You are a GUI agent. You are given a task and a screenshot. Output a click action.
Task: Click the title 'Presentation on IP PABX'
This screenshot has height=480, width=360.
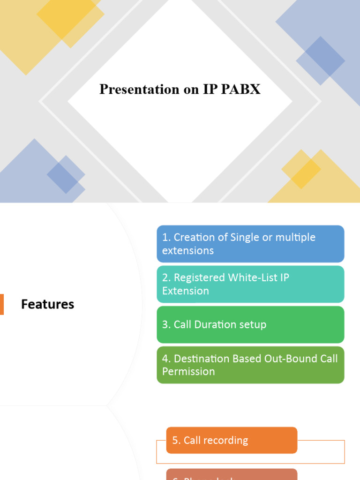point(180,89)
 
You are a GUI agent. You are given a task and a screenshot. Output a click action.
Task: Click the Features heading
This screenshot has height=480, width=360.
point(47,304)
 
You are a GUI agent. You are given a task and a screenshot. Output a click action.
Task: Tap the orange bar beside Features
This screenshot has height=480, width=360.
point(2,304)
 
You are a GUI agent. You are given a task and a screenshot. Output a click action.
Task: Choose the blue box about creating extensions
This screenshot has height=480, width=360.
point(250,244)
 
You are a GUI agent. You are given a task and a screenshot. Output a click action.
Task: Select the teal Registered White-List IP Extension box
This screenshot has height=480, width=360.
point(250,284)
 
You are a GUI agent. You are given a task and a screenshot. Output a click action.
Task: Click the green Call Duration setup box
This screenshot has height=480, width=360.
point(250,324)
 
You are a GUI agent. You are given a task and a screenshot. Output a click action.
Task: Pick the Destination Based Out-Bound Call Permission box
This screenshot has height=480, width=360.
point(250,365)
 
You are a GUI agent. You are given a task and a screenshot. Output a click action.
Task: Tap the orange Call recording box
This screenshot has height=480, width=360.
point(232,440)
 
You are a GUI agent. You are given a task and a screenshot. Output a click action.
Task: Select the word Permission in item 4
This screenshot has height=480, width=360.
point(188,371)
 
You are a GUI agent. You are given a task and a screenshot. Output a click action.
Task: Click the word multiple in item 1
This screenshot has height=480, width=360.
point(295,237)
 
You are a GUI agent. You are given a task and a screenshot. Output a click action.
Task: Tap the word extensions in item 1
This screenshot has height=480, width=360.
point(188,250)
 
